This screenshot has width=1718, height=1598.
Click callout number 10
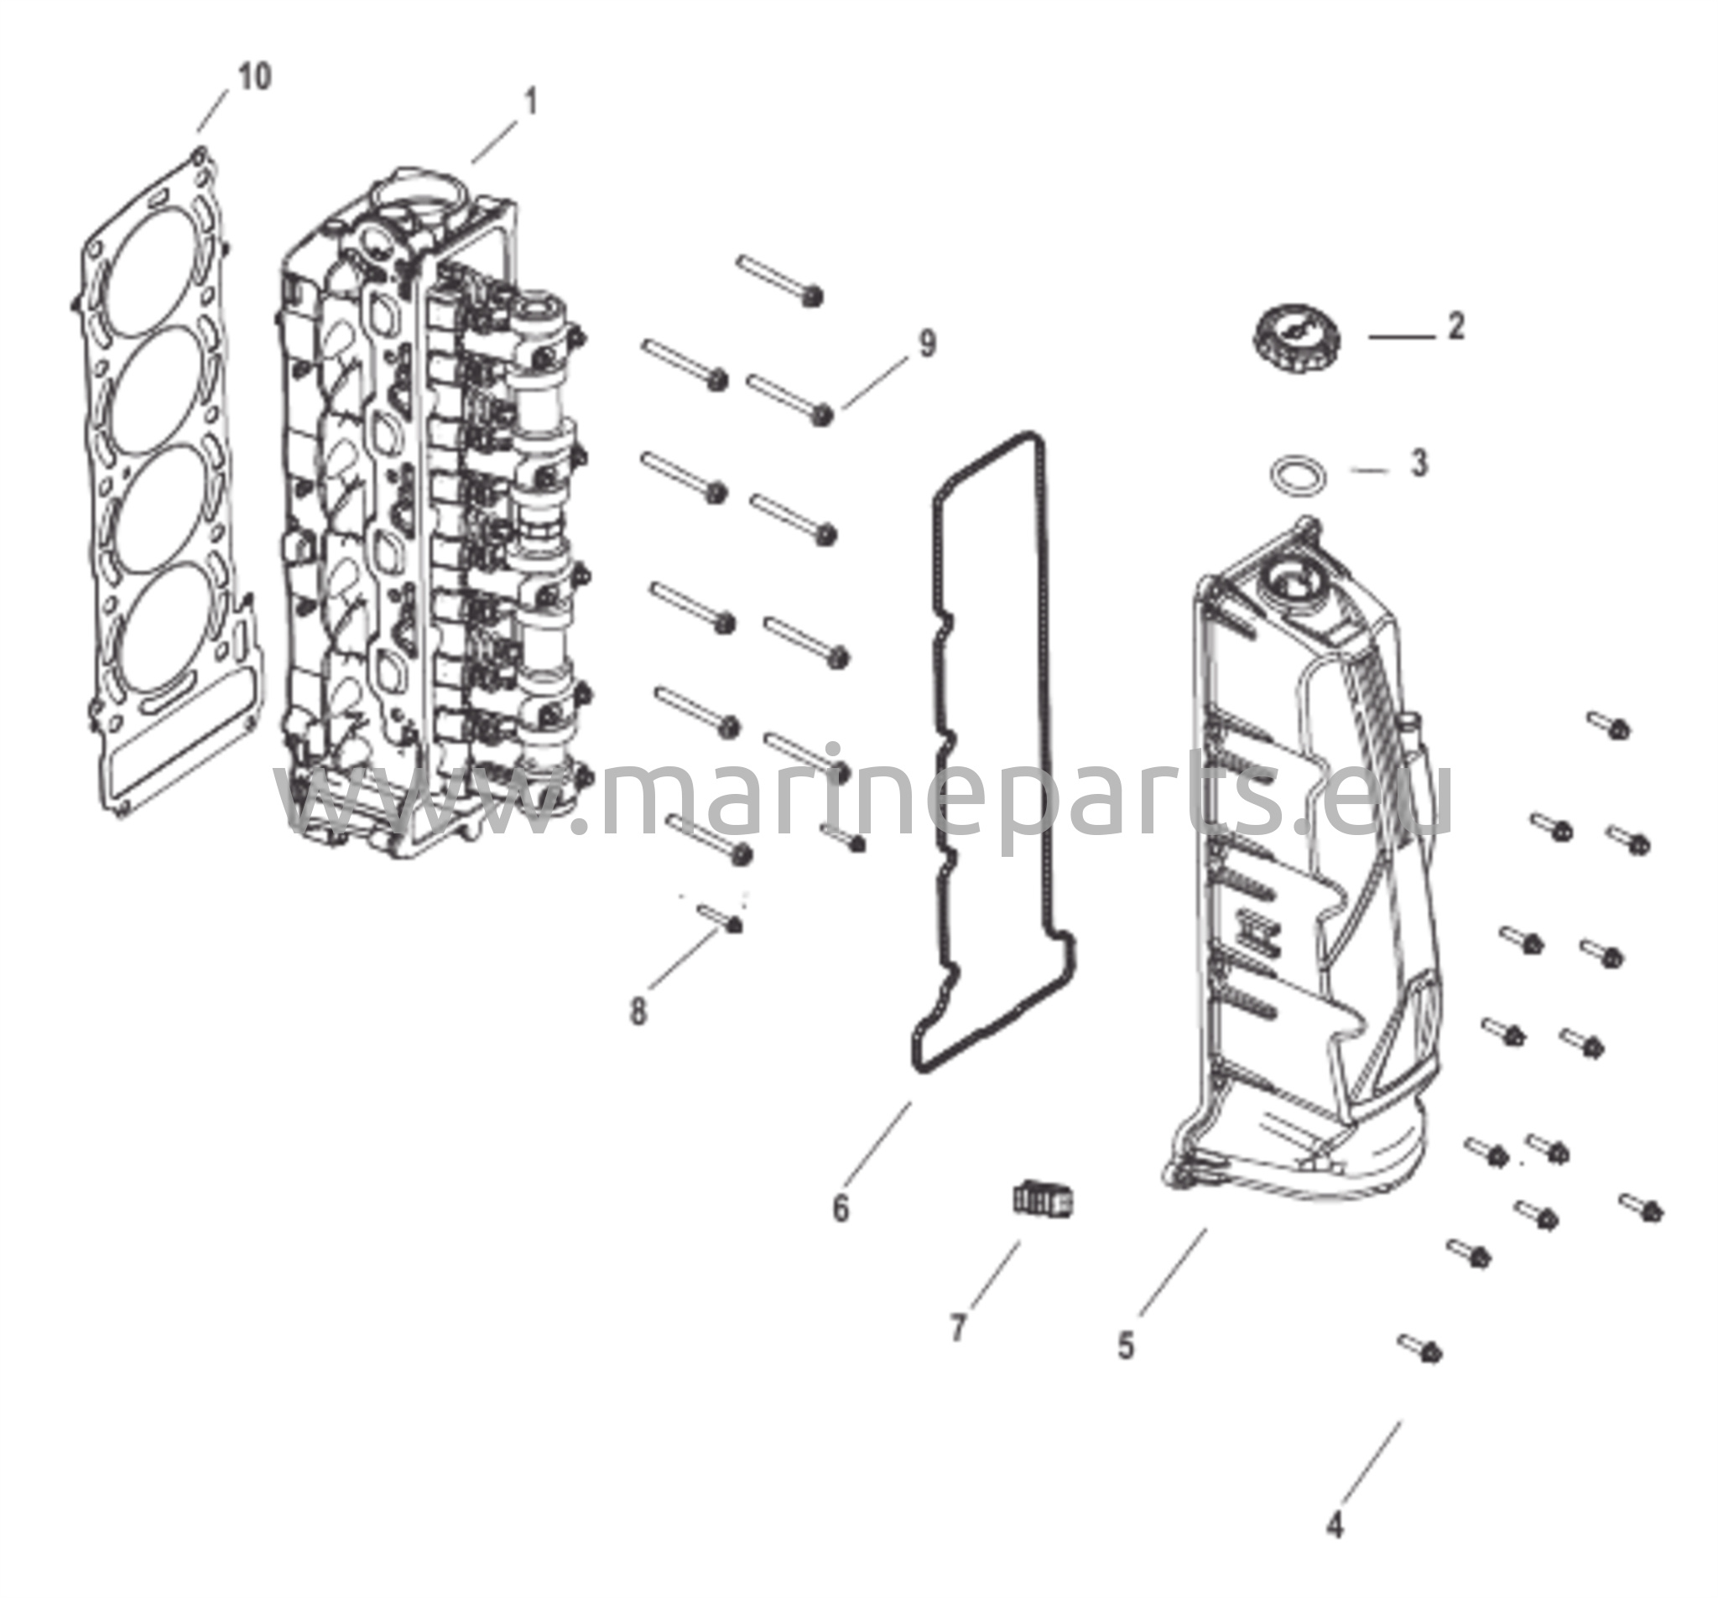coord(254,77)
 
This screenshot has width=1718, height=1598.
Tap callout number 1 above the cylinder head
coord(531,102)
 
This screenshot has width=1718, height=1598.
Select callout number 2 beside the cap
coord(1456,326)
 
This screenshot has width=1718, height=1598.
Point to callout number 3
coord(1419,463)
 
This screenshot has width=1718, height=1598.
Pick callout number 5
coord(1125,1345)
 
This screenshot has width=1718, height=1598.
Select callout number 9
coord(927,344)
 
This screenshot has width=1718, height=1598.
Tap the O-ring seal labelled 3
coord(1298,475)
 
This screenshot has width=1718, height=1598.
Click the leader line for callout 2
coord(1402,337)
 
